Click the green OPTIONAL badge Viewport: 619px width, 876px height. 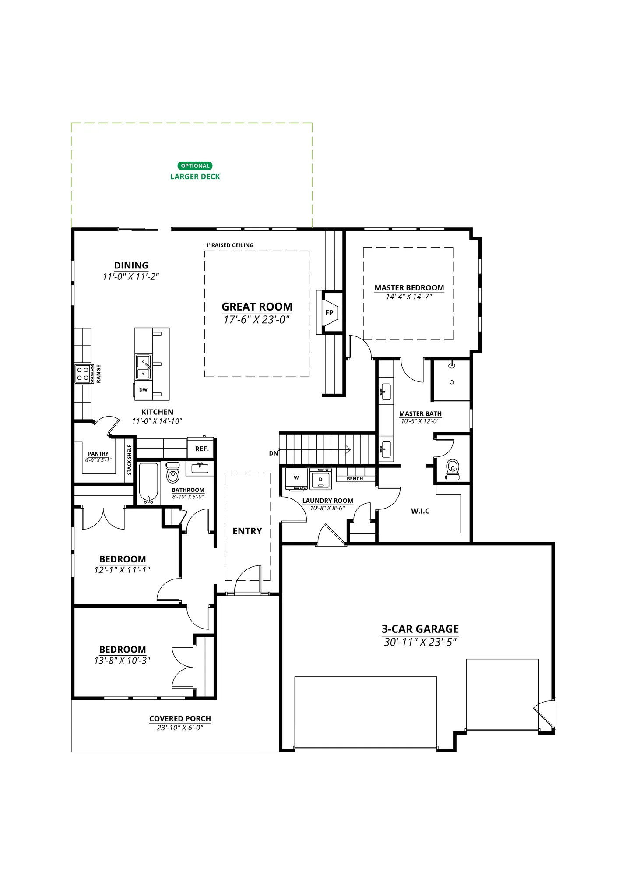click(195, 166)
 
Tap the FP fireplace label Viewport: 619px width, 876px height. click(329, 313)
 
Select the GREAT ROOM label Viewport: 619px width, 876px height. click(257, 307)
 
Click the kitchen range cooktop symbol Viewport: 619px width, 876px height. click(84, 374)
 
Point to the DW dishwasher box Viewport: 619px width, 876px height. click(143, 390)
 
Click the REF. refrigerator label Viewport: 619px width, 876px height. click(202, 449)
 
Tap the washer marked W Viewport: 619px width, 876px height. click(296, 479)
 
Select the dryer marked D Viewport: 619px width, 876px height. click(320, 479)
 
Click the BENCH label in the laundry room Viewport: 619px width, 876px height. click(355, 479)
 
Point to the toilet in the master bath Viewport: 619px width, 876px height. click(453, 470)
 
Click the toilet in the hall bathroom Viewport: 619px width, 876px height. click(173, 473)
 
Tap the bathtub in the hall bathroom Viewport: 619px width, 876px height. click(148, 483)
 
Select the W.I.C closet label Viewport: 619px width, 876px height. click(420, 511)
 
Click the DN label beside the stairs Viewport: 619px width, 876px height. click(274, 453)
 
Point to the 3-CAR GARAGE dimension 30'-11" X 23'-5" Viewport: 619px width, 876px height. click(420, 642)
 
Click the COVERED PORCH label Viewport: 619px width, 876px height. click(180, 718)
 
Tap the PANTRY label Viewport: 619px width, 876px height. click(98, 454)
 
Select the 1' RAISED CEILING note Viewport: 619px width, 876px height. click(229, 245)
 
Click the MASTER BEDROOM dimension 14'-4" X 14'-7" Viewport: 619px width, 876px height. click(409, 297)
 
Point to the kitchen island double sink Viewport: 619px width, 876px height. click(144, 367)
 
